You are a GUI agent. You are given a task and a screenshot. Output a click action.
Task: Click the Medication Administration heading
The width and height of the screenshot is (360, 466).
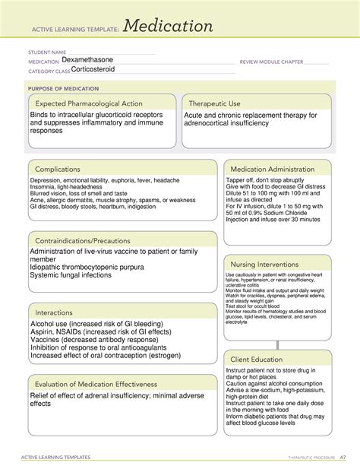point(277,169)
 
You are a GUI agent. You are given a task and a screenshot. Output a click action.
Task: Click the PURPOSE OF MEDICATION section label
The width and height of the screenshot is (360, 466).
point(65,89)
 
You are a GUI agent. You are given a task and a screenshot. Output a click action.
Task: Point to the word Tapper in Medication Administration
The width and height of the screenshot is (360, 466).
point(237,181)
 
